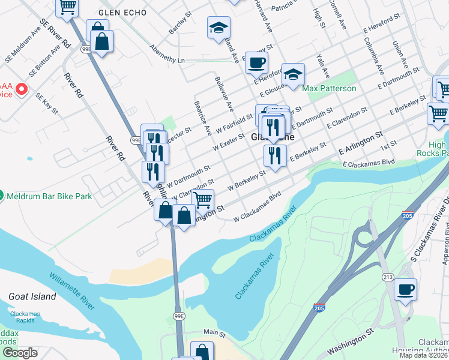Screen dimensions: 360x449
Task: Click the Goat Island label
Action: [32, 296]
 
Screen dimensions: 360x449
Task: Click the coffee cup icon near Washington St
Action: [405, 289]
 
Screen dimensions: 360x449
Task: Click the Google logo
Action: [20, 353]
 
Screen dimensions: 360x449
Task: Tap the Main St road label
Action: [213, 332]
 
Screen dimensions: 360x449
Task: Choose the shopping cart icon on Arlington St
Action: [203, 199]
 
